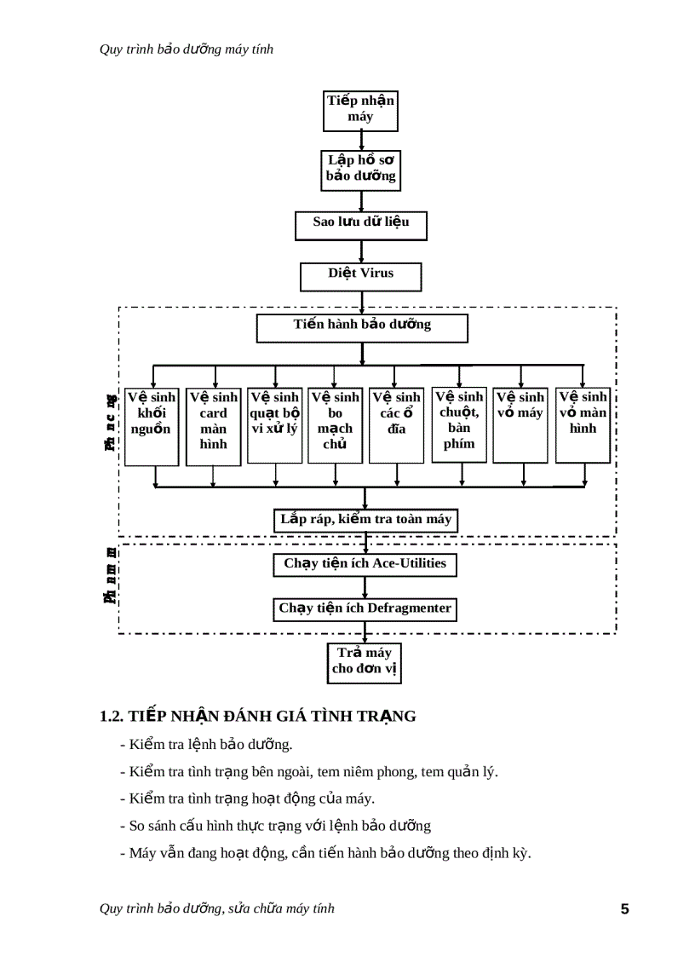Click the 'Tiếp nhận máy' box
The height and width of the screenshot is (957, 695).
pyautogui.click(x=361, y=110)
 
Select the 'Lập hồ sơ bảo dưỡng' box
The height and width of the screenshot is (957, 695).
pyautogui.click(x=361, y=169)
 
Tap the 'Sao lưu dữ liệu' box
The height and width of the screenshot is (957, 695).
pyautogui.click(x=361, y=224)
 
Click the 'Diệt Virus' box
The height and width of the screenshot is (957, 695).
pyautogui.click(x=361, y=275)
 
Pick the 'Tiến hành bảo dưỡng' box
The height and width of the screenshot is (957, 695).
pyautogui.click(x=362, y=327)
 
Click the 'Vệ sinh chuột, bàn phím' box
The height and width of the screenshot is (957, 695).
pyautogui.click(x=459, y=424)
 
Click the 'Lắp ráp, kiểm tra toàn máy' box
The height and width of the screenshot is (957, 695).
pyautogui.click(x=365, y=520)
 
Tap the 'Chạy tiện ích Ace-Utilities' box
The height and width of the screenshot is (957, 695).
pyautogui.click(x=365, y=565)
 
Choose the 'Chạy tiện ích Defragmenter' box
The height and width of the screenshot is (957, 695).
pyautogui.click(x=365, y=610)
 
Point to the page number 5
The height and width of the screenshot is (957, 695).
pyautogui.click(x=624, y=909)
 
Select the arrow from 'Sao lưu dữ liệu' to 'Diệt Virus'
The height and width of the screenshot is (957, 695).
pyautogui.click(x=362, y=251)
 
